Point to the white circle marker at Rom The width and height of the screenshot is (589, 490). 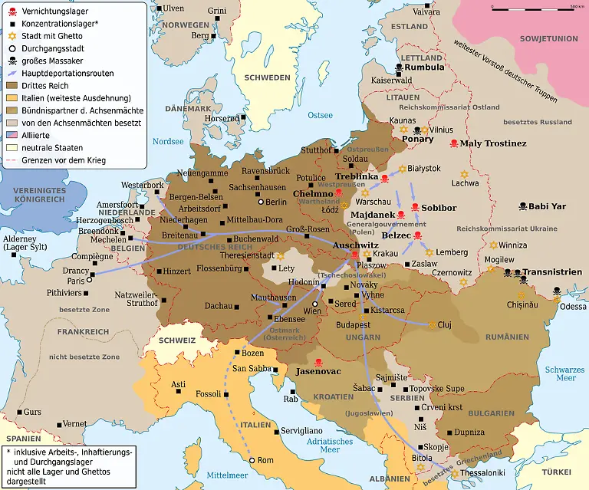[x=252, y=460]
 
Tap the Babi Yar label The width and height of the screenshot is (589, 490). [x=548, y=206]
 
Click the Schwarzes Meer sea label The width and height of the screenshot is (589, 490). [x=565, y=373]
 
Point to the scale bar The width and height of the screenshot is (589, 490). [x=538, y=8]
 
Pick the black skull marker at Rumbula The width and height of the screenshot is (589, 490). [x=398, y=67]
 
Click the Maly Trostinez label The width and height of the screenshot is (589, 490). [x=493, y=143]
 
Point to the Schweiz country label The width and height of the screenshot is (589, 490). [x=177, y=340]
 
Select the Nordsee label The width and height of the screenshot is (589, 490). [x=168, y=141]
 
